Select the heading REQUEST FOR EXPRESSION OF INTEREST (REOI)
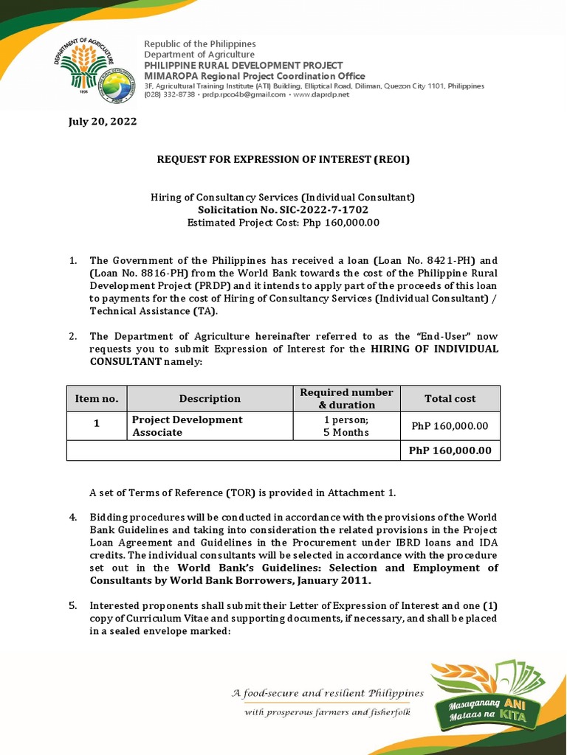[x=283, y=159]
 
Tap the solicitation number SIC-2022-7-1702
[x=283, y=210]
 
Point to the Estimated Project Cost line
[x=283, y=222]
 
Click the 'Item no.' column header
[x=97, y=398]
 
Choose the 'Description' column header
[x=210, y=398]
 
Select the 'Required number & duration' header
[x=346, y=398]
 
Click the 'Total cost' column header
[x=450, y=398]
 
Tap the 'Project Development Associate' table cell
[x=187, y=426]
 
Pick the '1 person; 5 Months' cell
[x=346, y=426]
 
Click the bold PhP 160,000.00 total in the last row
[x=450, y=450]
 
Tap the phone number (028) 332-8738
[x=170, y=95]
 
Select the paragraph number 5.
[x=73, y=605]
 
